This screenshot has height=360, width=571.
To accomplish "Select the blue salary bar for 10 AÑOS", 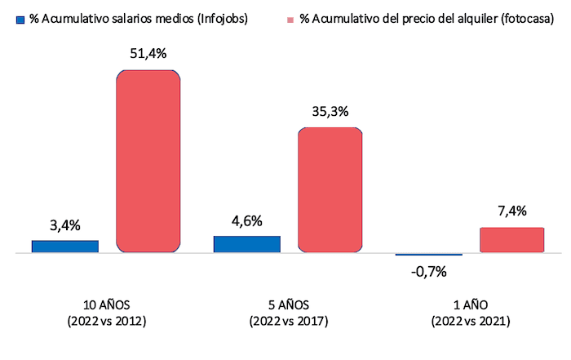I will [x=65, y=247].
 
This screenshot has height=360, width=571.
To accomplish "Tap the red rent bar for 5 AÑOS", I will [x=330, y=190].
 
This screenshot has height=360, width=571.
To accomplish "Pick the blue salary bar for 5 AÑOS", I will [x=246, y=244].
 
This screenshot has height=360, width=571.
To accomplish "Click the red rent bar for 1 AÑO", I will [x=511, y=240].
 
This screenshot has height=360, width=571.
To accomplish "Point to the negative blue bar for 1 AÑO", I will [x=428, y=256].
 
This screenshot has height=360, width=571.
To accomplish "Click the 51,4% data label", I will [x=148, y=55].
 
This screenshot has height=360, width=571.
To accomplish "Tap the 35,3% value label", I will [x=330, y=112].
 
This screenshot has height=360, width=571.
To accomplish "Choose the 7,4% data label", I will [x=511, y=212].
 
